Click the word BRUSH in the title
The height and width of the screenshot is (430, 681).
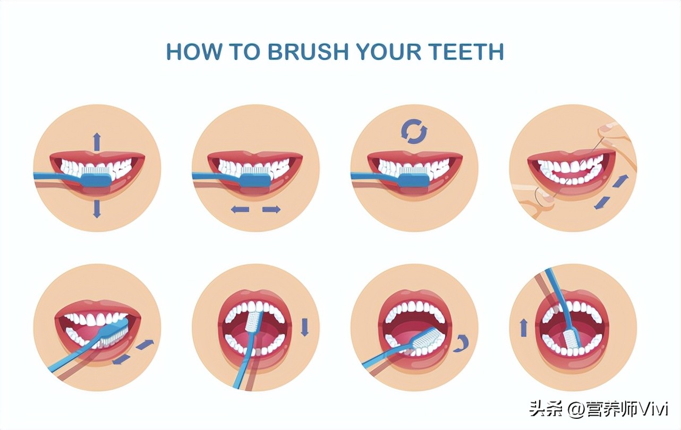[x=308, y=51]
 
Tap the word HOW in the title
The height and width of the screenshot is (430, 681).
[x=194, y=51]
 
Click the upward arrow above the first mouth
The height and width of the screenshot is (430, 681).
[x=97, y=142]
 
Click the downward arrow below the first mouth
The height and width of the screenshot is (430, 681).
[x=97, y=209]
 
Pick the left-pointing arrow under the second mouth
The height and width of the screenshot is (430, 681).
[x=240, y=209]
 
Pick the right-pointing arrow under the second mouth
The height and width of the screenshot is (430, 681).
[x=271, y=209]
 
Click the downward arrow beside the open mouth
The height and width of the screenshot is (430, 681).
[x=304, y=327]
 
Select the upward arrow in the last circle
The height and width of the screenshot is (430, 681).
[x=523, y=328]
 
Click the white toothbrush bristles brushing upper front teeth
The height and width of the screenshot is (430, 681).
[x=254, y=322]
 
